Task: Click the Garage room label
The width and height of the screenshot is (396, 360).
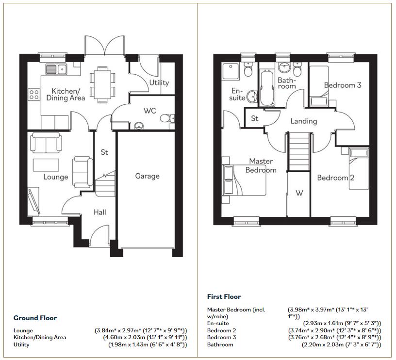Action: [147, 176]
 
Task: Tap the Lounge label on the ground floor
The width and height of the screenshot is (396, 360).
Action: [55, 177]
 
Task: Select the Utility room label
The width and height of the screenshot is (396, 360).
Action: [159, 82]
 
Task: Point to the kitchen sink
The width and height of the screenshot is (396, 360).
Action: [56, 69]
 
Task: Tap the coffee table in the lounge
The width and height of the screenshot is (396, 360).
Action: [46, 165]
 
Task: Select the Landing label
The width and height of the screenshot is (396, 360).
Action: [303, 121]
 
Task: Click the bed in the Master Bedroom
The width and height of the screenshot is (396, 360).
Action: [244, 180]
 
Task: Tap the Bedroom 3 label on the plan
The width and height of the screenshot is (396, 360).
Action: [343, 85]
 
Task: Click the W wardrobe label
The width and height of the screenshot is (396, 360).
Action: [299, 193]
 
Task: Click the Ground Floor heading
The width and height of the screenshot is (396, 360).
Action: [35, 318]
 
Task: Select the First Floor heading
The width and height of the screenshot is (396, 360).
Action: [224, 296]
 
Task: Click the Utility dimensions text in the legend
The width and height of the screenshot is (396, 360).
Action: [148, 344]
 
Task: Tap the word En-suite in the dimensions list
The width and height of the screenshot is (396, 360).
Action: [218, 323]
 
